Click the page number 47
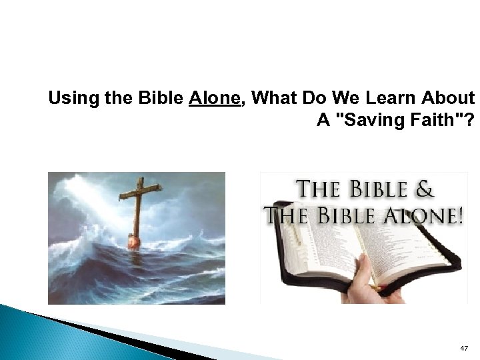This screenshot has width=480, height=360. [x=464, y=349]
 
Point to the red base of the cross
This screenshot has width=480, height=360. [x=134, y=238]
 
